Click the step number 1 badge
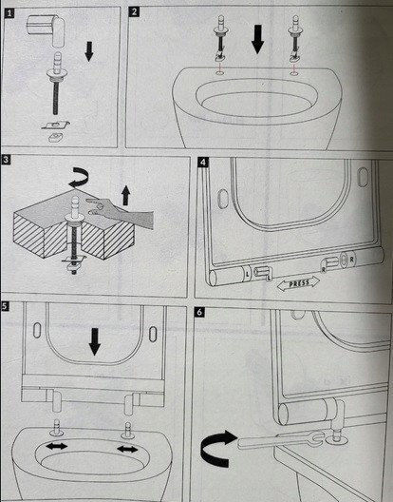coord(9,13)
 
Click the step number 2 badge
coord(134,11)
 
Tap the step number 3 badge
coord(6,160)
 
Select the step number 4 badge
coord(203,162)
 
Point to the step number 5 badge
coord(4,306)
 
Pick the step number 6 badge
coord(199,312)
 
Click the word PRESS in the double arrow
coord(299,283)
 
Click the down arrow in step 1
coord(89,51)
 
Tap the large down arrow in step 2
coord(257,39)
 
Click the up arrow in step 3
coord(126,196)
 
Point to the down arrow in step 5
coord(94,341)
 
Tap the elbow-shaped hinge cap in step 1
coord(46,29)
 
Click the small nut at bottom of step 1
coord(56,137)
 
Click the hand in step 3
coord(123,212)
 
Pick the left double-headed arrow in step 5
coord(56,446)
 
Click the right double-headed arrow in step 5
coord(127,449)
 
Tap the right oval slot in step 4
coord(363,177)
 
